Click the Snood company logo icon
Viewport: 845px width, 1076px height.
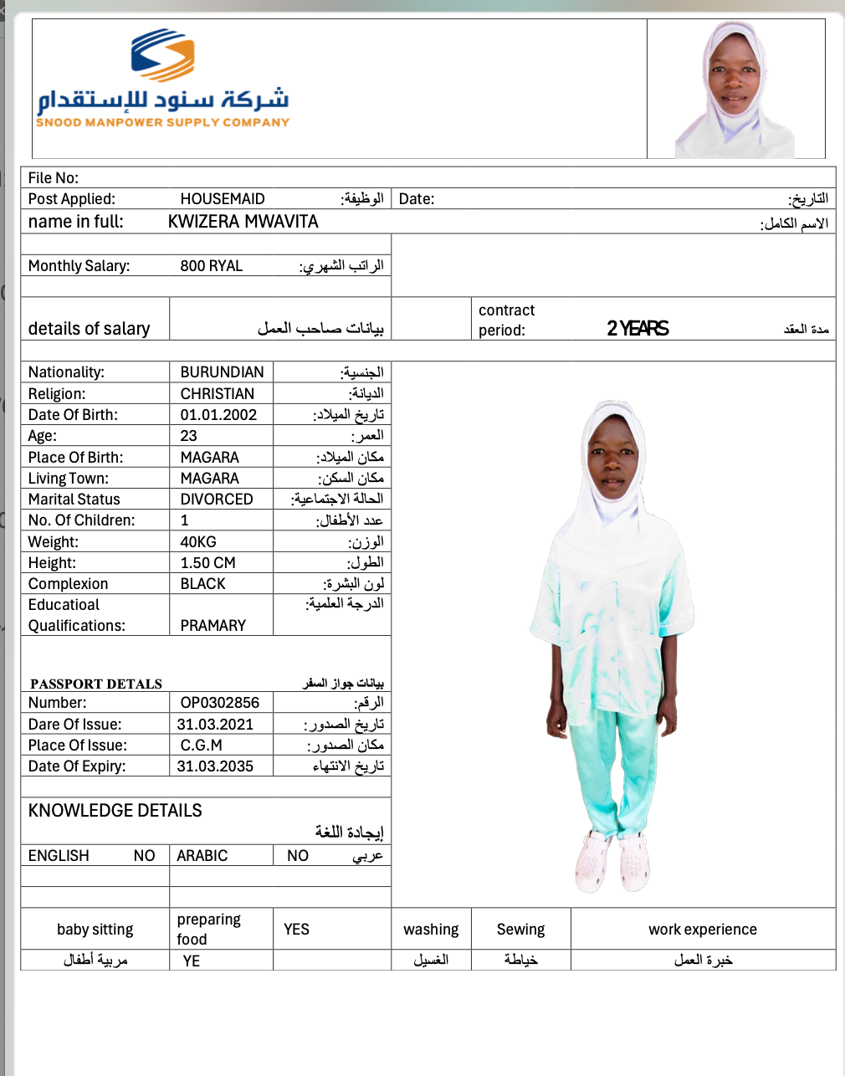[163, 55]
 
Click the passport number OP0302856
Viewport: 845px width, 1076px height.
[220, 703]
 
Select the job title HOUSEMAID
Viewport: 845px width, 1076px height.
[223, 199]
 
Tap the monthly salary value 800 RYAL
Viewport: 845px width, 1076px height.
[211, 266]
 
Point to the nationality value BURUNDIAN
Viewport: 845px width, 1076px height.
[222, 372]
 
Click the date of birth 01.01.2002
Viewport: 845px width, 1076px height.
[218, 415]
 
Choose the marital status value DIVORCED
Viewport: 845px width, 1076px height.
[217, 500]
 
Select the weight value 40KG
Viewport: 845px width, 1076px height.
[198, 542]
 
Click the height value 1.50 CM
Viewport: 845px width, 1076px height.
[207, 563]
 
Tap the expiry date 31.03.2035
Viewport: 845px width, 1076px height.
[215, 766]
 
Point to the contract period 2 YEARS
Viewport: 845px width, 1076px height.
[638, 329]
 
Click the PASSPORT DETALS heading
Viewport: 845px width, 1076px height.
[96, 684]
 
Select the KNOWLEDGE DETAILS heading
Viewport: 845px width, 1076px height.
[115, 811]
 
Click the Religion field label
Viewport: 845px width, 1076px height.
[57, 394]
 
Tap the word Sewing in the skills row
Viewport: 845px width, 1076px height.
[520, 930]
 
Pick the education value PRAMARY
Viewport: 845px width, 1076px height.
[213, 626]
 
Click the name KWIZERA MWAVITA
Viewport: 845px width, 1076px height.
[243, 222]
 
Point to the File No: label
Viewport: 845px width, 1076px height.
[54, 178]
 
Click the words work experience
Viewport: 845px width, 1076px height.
[703, 930]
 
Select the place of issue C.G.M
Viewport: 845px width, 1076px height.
[202, 746]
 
